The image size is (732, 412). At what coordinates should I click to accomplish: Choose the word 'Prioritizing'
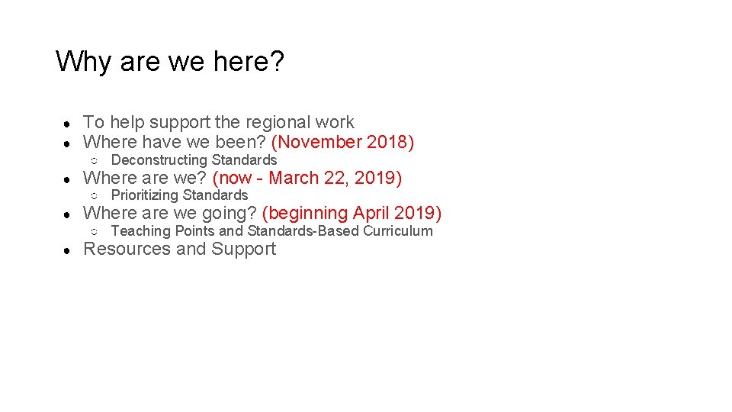click(145, 195)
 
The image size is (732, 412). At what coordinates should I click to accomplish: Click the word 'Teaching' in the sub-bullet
click(140, 231)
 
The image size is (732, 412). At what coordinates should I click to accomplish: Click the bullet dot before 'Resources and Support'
click(68, 250)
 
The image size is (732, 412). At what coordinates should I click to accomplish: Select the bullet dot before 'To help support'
click(68, 123)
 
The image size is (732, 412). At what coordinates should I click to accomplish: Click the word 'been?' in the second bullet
click(243, 142)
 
